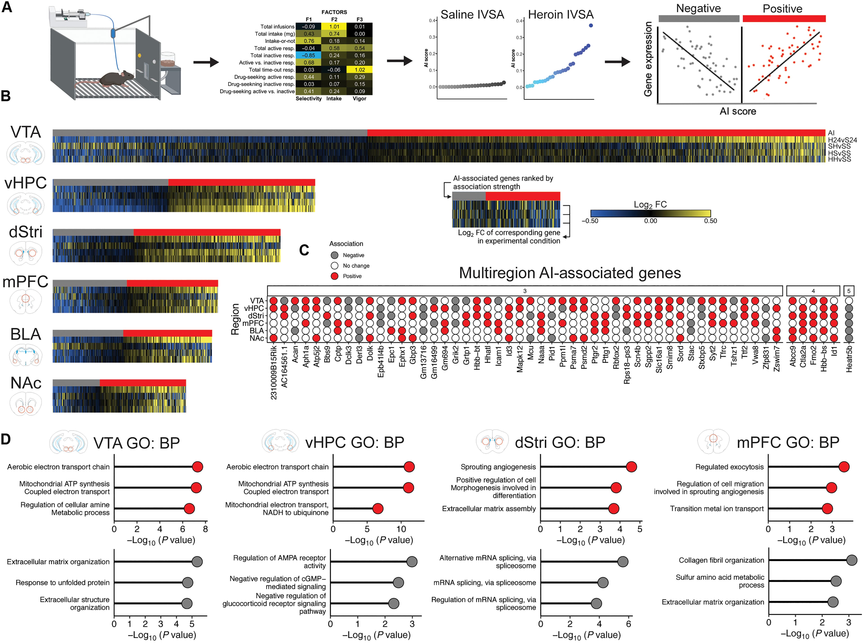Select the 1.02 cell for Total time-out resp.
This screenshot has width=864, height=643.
pos(359,70)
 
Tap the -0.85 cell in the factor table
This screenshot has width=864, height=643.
pos(309,55)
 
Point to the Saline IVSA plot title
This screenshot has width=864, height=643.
pos(472,15)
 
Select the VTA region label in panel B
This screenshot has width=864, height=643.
pos(26,132)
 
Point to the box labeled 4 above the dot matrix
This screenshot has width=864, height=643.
pos(813,291)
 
